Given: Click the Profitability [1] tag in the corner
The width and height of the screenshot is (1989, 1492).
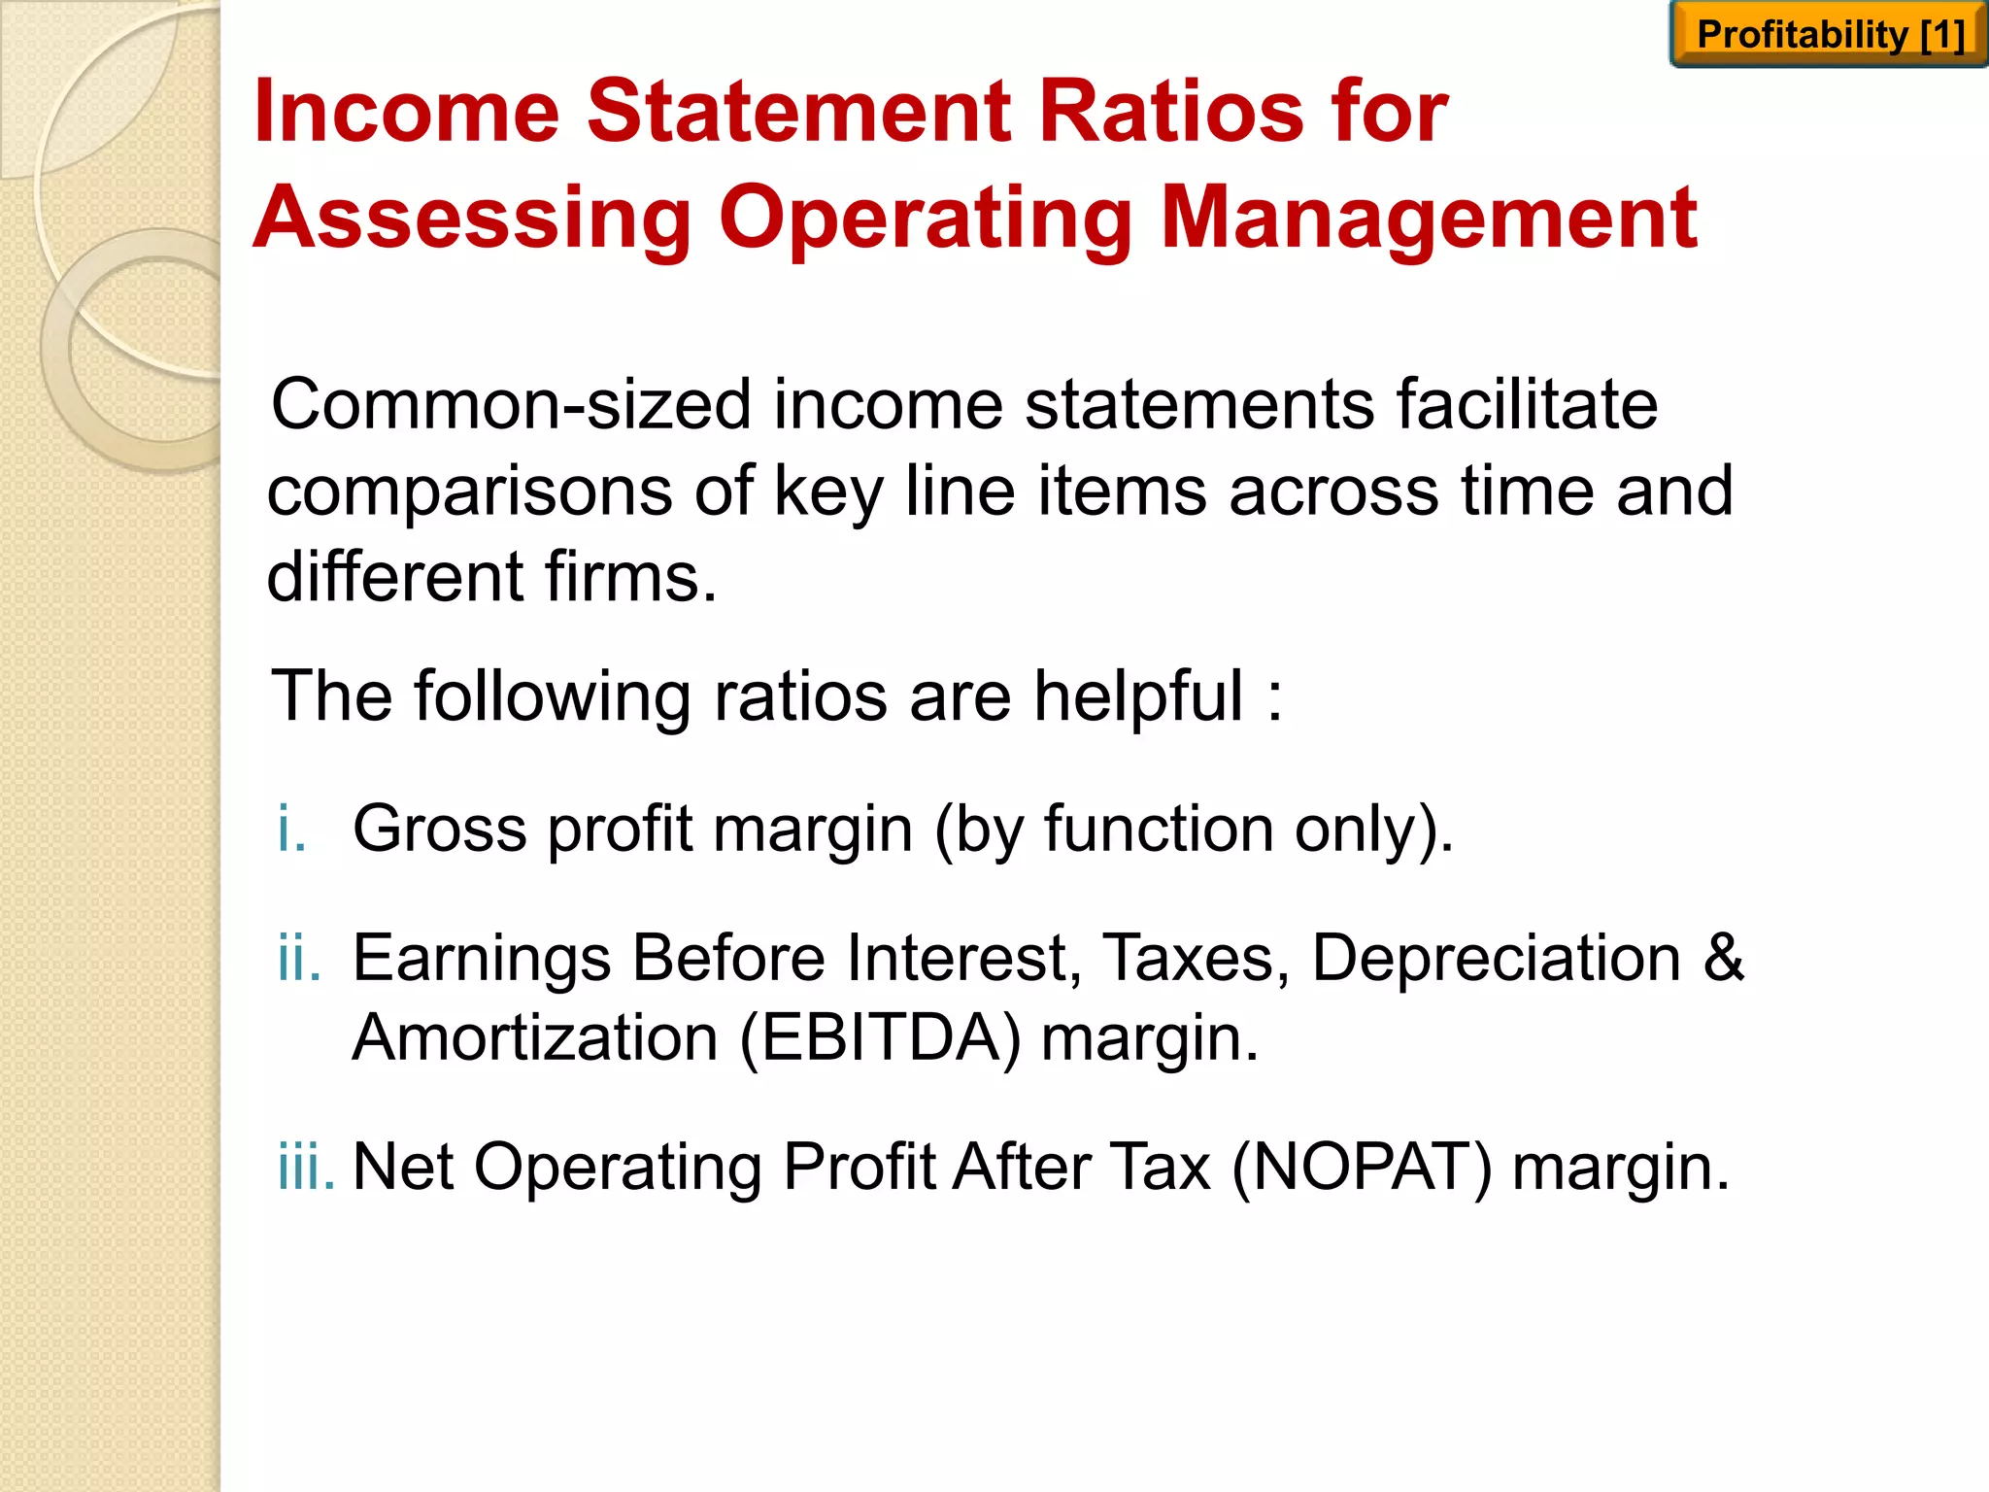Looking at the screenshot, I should click(x=1829, y=35).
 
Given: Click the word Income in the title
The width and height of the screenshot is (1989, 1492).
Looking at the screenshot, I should click(x=407, y=112).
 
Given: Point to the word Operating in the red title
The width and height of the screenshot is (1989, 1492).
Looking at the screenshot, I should click(x=926, y=220).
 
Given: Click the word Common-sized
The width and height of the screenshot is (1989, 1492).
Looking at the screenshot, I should click(x=511, y=405).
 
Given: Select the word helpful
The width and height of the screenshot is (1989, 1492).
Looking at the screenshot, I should click(x=1137, y=697).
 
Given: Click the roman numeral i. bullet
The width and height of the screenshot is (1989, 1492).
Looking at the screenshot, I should click(x=291, y=830).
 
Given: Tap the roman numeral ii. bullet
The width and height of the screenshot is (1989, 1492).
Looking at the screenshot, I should click(x=298, y=958).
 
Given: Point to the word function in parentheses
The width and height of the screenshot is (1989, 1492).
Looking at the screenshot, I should click(x=1159, y=830).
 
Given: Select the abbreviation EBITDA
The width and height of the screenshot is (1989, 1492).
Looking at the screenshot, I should click(x=880, y=1038).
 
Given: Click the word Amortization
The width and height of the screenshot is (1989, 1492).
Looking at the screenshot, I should click(x=534, y=1038).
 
